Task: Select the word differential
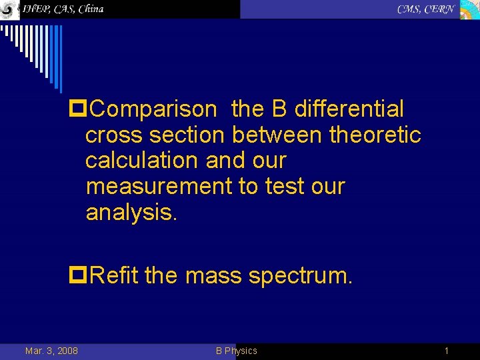click(349, 109)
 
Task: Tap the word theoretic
click(375, 135)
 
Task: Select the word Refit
click(113, 275)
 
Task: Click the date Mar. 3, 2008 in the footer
click(51, 351)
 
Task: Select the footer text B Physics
click(236, 351)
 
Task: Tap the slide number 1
click(447, 351)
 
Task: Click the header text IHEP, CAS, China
click(63, 9)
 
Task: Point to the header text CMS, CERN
click(426, 9)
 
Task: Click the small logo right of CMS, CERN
click(469, 9)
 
